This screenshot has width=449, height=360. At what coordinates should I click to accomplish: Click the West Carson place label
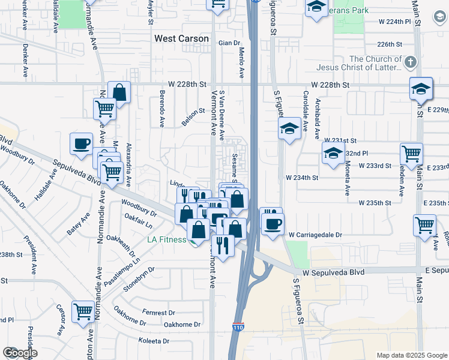pyautogui.click(x=181, y=38)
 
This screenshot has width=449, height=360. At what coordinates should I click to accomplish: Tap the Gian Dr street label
pyautogui.click(x=229, y=43)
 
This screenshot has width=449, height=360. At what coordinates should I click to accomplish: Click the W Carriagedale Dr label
pyautogui.click(x=315, y=235)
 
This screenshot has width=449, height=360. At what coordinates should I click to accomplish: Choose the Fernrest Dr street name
pyautogui.click(x=158, y=313)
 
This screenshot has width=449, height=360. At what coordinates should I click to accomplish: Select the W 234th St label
pyautogui.click(x=302, y=178)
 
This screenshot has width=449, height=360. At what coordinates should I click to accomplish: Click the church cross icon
pyautogui.click(x=410, y=62)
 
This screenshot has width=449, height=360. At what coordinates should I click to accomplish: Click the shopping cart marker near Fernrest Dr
pyautogui.click(x=83, y=311)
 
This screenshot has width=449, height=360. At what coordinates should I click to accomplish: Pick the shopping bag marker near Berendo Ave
pyautogui.click(x=119, y=92)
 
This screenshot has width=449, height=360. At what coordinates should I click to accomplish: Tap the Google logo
pyautogui.click(x=20, y=353)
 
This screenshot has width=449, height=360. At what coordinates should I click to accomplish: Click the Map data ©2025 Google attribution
pyautogui.click(x=411, y=355)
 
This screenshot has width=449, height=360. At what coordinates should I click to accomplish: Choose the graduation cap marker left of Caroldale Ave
pyautogui.click(x=289, y=128)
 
